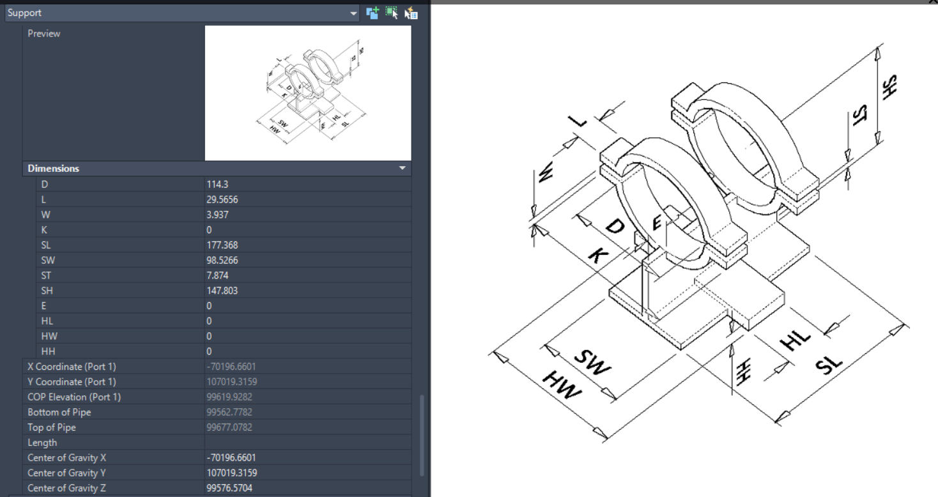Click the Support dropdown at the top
click(182, 13)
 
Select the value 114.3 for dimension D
click(217, 184)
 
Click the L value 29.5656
click(222, 199)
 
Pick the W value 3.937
click(217, 215)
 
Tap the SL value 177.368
click(222, 245)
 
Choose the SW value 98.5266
click(222, 260)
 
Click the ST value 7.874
click(217, 275)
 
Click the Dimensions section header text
click(54, 169)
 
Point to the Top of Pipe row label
click(52, 427)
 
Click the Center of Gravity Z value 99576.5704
click(231, 488)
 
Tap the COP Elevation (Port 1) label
click(74, 397)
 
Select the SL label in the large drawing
click(830, 365)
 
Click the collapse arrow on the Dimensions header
click(403, 169)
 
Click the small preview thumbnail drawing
click(308, 93)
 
